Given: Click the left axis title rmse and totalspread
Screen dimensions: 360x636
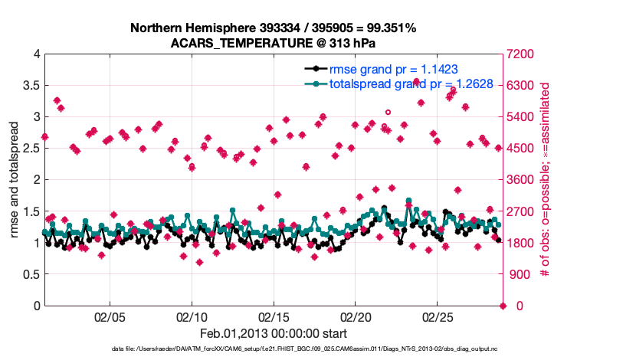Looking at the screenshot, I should click(15, 180).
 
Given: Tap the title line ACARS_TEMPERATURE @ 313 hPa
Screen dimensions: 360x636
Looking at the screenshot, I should click(274, 43).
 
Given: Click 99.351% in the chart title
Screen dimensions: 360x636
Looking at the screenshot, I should click(389, 28).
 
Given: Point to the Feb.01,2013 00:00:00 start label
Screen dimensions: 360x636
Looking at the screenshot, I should click(273, 334).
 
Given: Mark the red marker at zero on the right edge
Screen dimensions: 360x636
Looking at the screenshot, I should click(503, 306).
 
